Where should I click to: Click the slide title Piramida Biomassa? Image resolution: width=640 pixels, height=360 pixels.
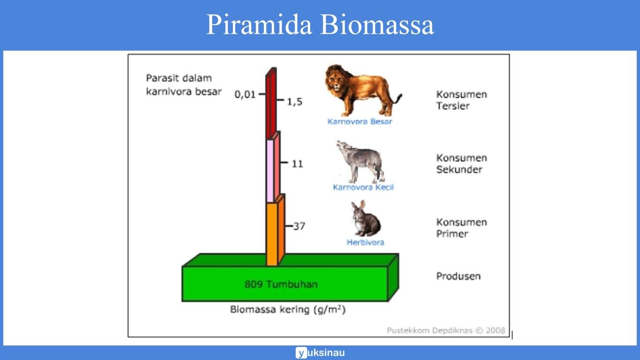click(x=320, y=25)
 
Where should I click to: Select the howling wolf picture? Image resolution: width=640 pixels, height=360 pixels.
click(x=361, y=161)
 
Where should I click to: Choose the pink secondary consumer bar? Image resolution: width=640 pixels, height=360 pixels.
click(x=270, y=171)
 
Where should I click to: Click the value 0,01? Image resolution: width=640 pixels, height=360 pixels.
click(x=245, y=94)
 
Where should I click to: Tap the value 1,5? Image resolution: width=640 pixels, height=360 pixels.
click(x=295, y=101)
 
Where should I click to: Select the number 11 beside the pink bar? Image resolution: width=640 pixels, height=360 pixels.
click(x=297, y=164)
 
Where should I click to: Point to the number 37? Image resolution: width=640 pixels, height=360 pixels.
click(x=299, y=226)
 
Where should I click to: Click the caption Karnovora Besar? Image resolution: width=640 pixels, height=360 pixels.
click(x=359, y=121)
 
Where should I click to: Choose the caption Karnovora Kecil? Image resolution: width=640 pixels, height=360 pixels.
click(x=363, y=187)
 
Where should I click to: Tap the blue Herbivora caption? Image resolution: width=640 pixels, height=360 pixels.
click(x=365, y=242)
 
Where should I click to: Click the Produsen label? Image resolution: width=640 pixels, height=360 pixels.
click(x=458, y=276)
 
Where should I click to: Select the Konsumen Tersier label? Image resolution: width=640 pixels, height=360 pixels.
click(x=461, y=100)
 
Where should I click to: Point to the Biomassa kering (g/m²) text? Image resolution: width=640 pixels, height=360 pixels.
click(x=288, y=310)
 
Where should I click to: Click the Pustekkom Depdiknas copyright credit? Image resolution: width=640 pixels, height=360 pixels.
click(x=446, y=330)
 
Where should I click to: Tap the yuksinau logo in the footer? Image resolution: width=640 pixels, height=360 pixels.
click(x=320, y=353)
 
